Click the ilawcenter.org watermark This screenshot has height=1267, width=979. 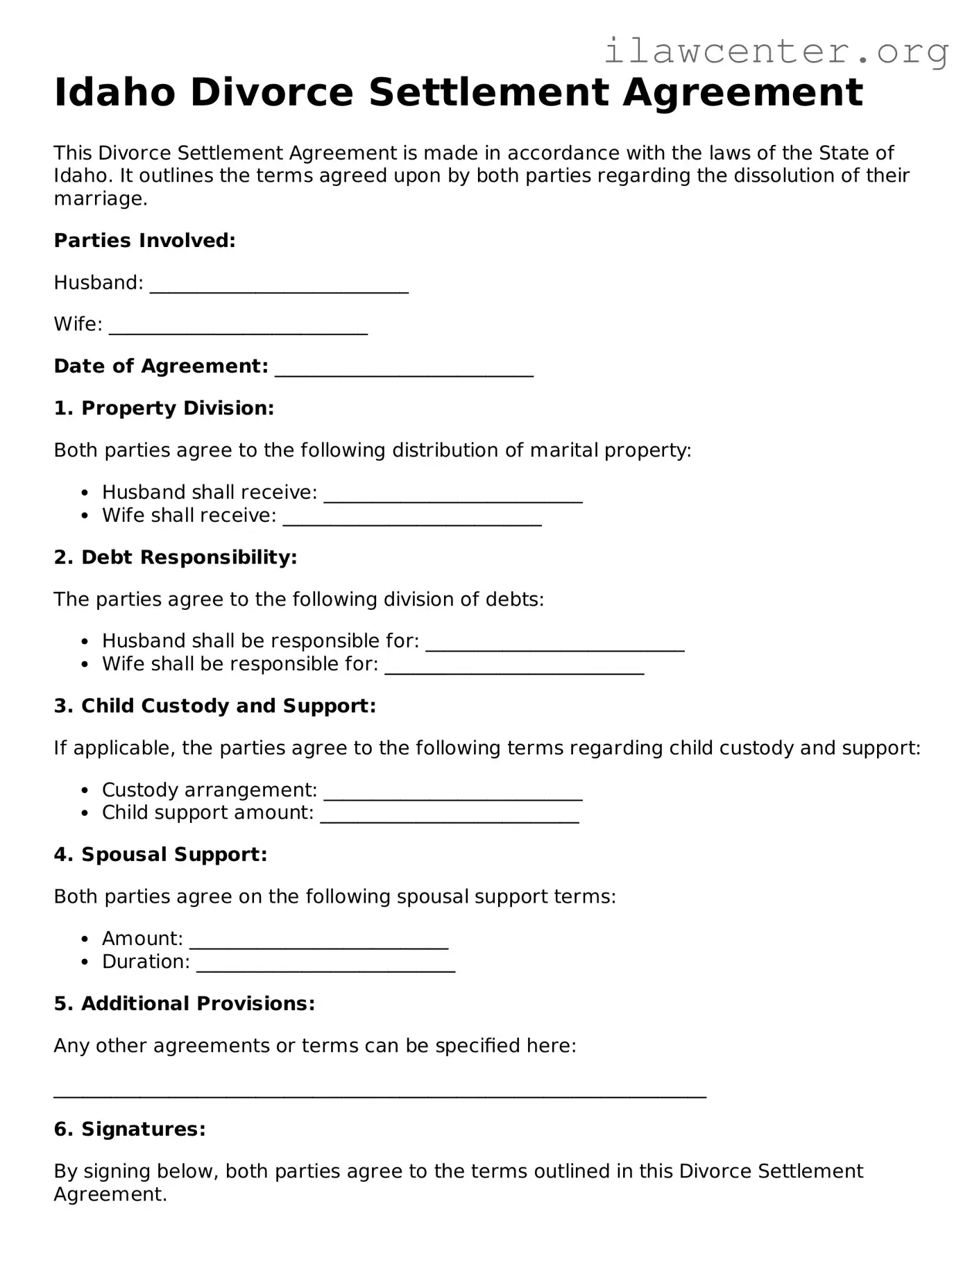coord(776,52)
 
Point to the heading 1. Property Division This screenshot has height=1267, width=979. coord(164,408)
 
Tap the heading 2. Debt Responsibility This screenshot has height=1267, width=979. coord(176,557)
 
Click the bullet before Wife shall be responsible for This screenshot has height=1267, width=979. coord(85,665)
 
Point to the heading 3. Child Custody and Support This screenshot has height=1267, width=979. coord(214,706)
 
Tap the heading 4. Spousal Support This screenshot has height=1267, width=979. coord(160,854)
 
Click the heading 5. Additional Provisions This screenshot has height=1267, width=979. coord(185,1003)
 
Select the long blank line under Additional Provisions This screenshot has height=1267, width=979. coord(380,1094)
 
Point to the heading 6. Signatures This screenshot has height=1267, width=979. coord(130,1129)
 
